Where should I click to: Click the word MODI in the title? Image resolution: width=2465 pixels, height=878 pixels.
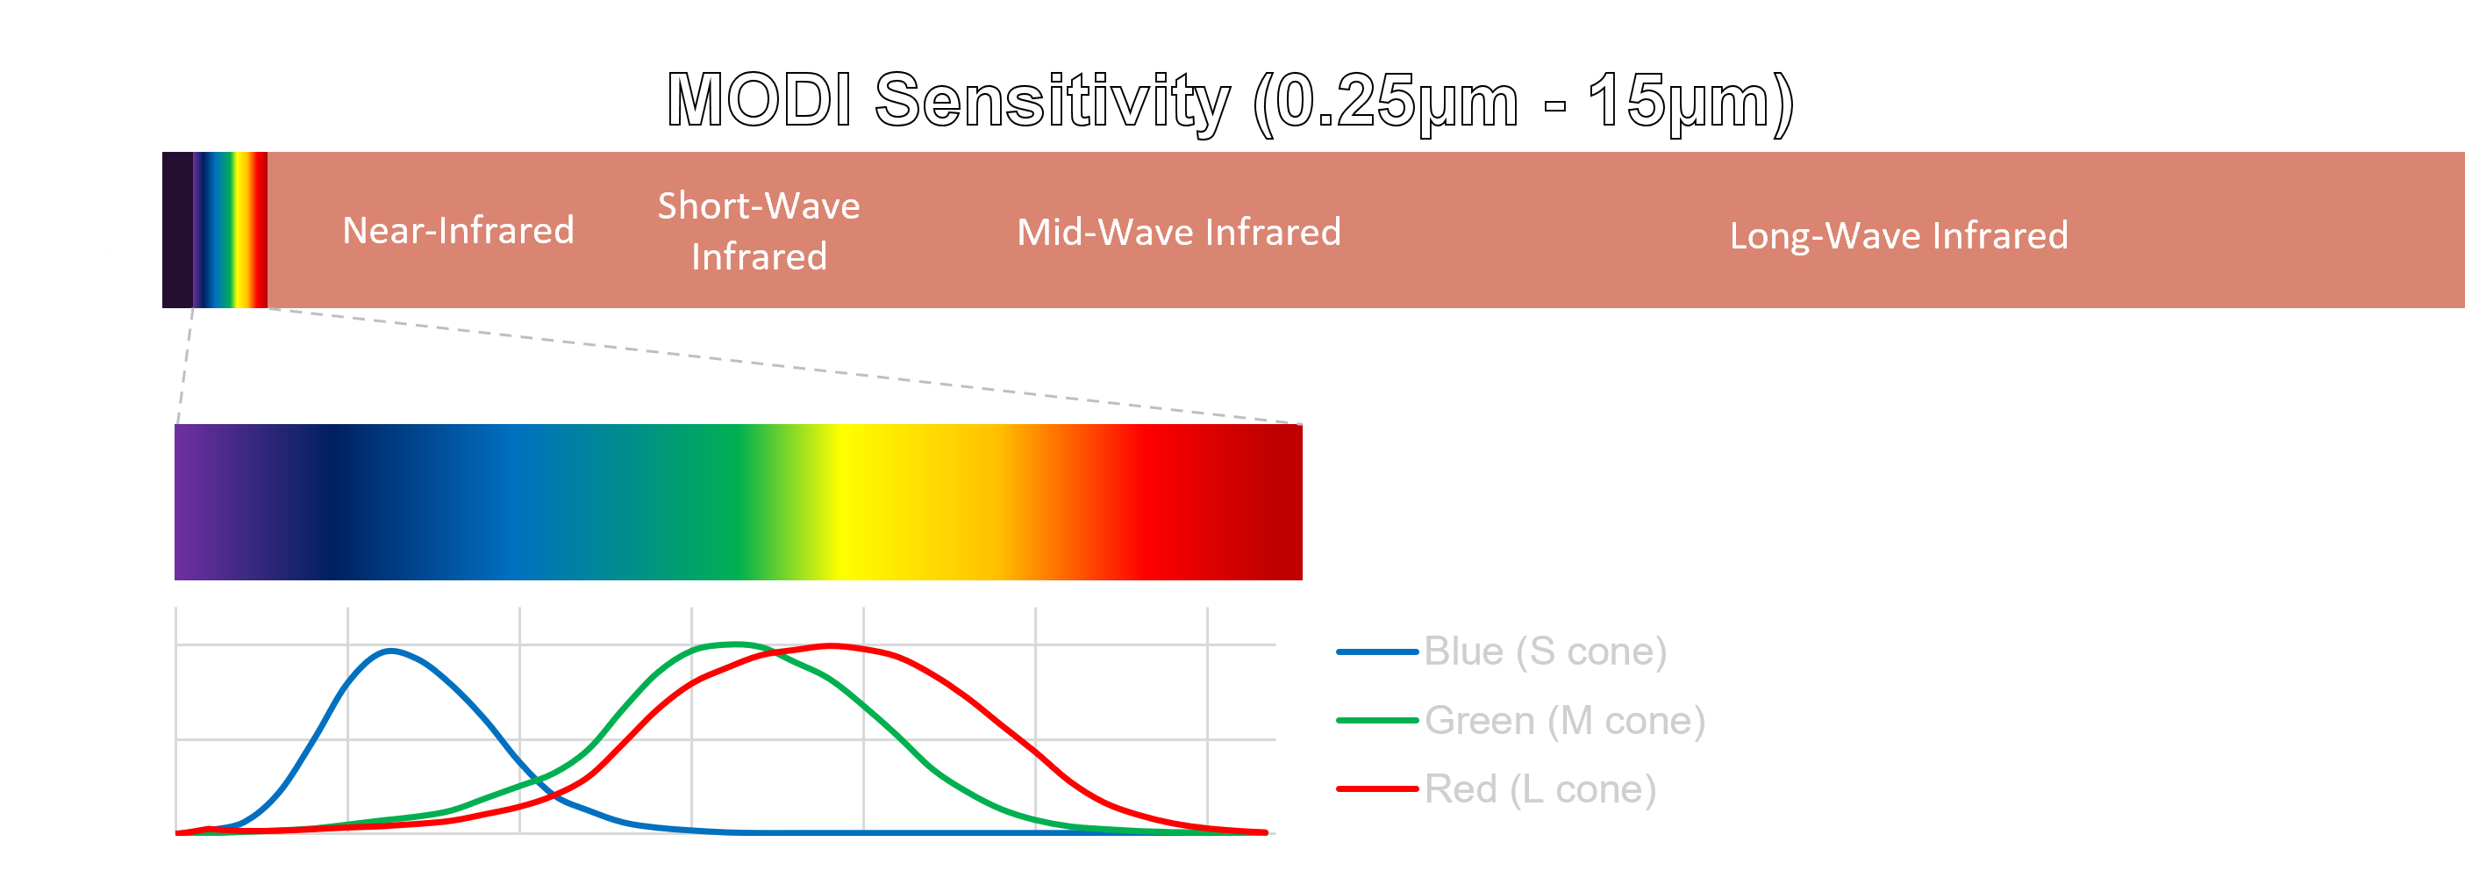(x=759, y=99)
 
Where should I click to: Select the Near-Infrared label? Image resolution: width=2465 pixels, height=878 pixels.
(x=459, y=231)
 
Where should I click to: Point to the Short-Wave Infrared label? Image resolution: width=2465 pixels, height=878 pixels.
(x=759, y=231)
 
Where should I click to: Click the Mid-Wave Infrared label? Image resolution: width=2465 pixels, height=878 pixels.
(x=1179, y=232)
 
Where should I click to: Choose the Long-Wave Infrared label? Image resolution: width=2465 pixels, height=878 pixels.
(x=1898, y=235)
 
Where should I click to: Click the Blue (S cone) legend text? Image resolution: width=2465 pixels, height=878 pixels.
(x=1546, y=651)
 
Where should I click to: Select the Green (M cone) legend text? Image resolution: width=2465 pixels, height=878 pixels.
(x=1565, y=720)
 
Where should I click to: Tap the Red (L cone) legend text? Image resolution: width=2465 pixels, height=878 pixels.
(x=1540, y=789)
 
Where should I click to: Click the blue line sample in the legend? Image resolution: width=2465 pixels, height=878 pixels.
(x=1377, y=652)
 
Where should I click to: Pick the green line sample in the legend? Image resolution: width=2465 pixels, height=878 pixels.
(x=1377, y=720)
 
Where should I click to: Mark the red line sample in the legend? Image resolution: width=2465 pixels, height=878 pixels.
(x=1377, y=789)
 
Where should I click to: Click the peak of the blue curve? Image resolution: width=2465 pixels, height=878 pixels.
(x=390, y=651)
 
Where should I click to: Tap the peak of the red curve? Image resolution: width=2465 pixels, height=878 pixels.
(x=831, y=645)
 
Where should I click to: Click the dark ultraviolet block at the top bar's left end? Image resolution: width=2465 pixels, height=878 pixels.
(x=178, y=230)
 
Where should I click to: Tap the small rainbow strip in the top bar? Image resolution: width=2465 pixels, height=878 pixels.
(x=231, y=230)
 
